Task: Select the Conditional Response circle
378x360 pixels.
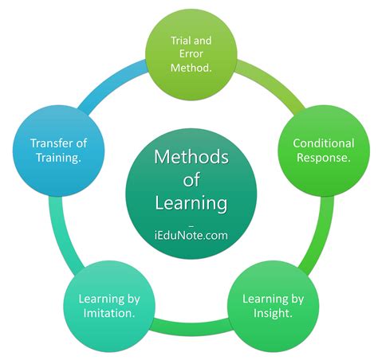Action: (x=324, y=150)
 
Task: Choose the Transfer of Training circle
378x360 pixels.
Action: (x=58, y=150)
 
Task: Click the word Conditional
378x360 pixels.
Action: (x=324, y=143)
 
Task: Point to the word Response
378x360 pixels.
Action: (x=324, y=158)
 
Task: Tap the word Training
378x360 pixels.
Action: (x=58, y=158)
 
